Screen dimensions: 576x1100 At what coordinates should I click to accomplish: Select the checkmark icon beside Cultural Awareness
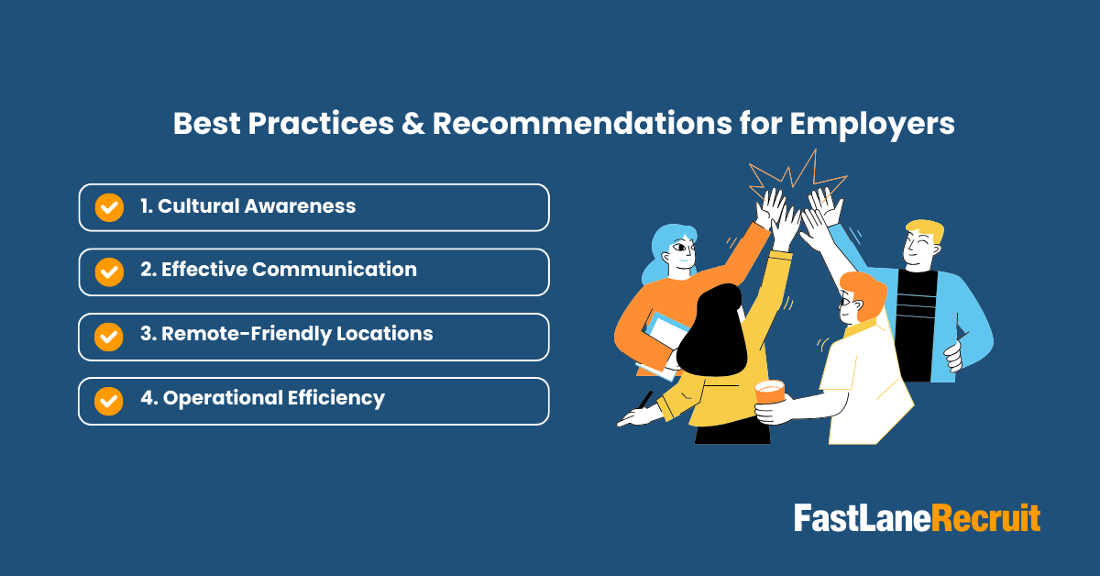[x=109, y=207]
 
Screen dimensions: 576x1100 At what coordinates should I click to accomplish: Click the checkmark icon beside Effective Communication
[x=109, y=271]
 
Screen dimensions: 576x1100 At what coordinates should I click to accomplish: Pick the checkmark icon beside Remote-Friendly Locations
[x=109, y=337]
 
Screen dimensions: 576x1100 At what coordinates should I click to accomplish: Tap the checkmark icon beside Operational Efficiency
[x=109, y=401]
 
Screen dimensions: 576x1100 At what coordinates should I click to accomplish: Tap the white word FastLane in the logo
[x=863, y=518]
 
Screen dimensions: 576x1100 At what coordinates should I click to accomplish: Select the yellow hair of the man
[x=923, y=231]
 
